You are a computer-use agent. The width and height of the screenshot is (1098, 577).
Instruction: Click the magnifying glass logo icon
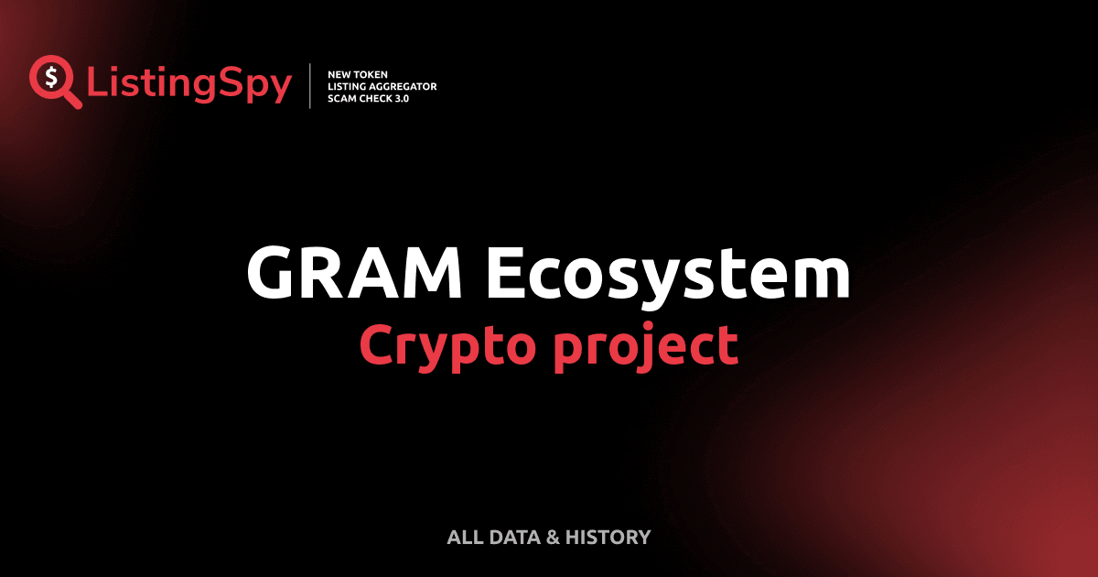pos(53,82)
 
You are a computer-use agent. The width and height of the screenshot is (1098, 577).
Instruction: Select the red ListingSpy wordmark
pos(189,85)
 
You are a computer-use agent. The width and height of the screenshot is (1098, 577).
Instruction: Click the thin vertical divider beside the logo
pos(312,86)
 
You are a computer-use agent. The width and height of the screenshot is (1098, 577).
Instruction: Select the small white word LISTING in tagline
pos(347,86)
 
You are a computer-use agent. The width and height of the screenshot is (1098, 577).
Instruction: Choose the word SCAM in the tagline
pos(342,98)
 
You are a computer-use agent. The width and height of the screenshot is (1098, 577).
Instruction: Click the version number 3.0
pos(404,98)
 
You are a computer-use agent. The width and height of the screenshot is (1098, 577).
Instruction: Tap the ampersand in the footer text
pos(552,537)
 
